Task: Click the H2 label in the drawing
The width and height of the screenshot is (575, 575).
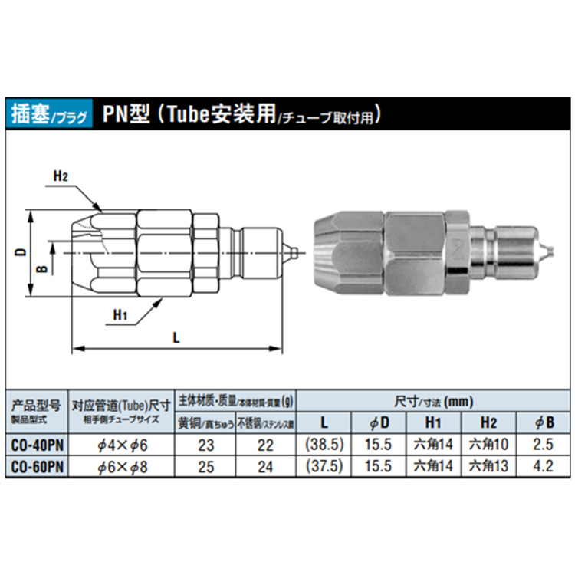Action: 61,176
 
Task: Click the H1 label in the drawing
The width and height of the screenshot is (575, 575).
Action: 120,314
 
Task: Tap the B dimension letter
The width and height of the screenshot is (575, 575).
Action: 44,268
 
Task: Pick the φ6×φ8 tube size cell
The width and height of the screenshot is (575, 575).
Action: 123,465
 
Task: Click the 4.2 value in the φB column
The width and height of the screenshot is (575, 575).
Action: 543,465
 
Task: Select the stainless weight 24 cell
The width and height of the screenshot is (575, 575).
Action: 264,465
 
